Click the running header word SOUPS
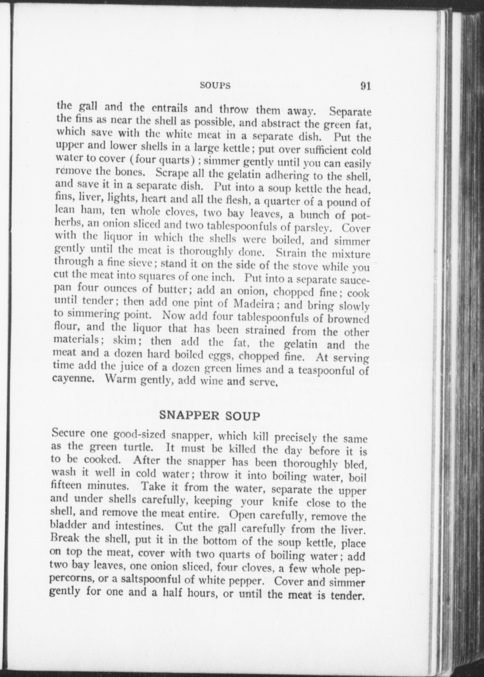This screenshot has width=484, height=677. (x=215, y=86)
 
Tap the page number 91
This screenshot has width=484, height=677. (x=365, y=86)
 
